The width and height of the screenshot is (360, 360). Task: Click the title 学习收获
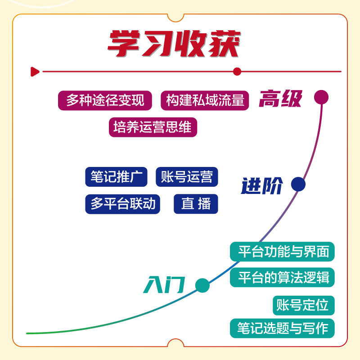pyautogui.click(x=174, y=44)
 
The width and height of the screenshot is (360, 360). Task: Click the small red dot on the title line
pyautogui.click(x=237, y=72)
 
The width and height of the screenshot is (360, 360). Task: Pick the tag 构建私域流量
pyautogui.click(x=205, y=100)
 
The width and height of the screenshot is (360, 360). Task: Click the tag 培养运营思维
pyautogui.click(x=153, y=127)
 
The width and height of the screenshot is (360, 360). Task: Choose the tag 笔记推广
pyautogui.click(x=116, y=177)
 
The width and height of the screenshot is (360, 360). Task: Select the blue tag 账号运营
pyautogui.click(x=187, y=177)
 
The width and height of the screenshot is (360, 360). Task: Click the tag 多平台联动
pyautogui.click(x=123, y=204)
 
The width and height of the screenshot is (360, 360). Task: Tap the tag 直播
pyautogui.click(x=196, y=204)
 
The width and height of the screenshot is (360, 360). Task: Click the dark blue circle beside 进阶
pyautogui.click(x=298, y=184)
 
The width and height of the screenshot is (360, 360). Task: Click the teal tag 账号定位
pyautogui.click(x=303, y=305)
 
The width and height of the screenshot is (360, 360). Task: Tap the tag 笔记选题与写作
pyautogui.click(x=283, y=328)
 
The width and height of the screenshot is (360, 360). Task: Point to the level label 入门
pyautogui.click(x=164, y=285)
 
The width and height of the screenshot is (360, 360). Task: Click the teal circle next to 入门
pyautogui.click(x=202, y=285)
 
